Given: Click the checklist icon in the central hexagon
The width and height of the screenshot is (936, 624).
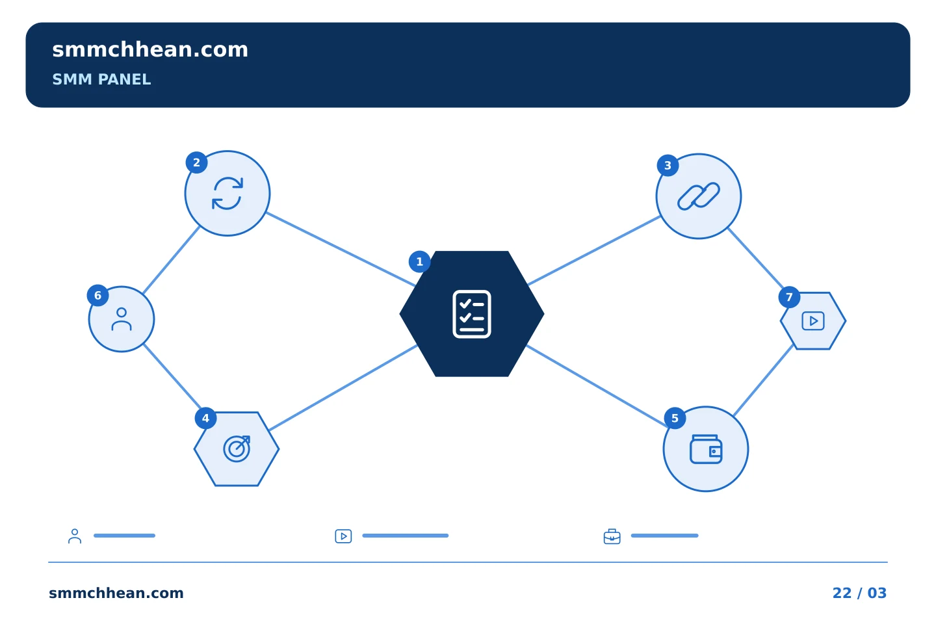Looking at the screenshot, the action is (472, 314).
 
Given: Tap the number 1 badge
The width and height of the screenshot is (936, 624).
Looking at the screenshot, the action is (419, 262).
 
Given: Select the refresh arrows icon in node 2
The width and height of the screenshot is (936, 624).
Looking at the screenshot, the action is (227, 193).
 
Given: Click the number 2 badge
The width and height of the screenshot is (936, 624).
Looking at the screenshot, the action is (196, 162).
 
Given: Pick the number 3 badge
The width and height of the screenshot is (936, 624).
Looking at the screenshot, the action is (668, 166).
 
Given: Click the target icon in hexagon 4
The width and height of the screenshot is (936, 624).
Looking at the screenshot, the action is (237, 448).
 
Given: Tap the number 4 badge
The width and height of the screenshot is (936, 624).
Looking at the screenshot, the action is (205, 418).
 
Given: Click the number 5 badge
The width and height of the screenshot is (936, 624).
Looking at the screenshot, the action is (675, 418).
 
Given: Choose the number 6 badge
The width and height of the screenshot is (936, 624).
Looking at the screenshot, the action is (97, 296).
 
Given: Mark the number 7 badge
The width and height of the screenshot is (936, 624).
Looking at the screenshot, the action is (789, 297).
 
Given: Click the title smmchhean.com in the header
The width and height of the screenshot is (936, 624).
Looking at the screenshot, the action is (150, 50).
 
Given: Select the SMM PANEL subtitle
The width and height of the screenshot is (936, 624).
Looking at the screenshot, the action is (101, 79).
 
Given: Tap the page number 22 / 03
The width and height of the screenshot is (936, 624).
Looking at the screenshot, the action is (859, 593).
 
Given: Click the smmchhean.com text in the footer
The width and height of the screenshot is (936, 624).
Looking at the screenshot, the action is (116, 593).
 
